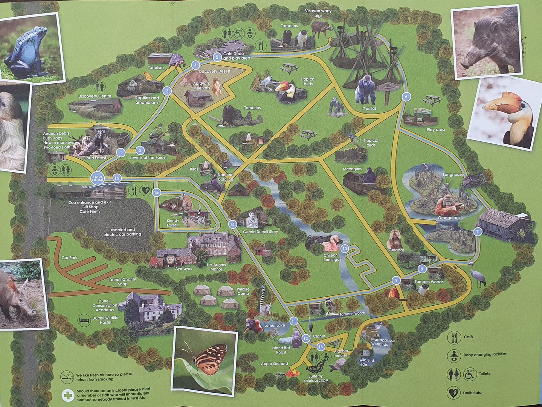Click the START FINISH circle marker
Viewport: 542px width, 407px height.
coord(97,178)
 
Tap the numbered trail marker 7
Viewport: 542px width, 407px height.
coord(478,232)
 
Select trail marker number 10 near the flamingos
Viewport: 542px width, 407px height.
coord(344,249)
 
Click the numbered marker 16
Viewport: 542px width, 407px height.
coord(117,178)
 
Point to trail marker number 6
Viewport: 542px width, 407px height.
coord(406,96)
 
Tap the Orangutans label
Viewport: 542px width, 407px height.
coord(449,218)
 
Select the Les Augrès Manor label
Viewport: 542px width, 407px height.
coord(217,267)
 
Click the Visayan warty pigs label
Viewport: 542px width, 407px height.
coord(318,13)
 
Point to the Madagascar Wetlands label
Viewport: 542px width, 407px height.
coord(379,342)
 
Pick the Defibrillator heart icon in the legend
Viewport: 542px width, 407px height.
coord(454,393)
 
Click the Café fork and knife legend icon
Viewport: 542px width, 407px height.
coord(454,337)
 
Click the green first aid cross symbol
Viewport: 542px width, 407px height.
coord(68,395)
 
